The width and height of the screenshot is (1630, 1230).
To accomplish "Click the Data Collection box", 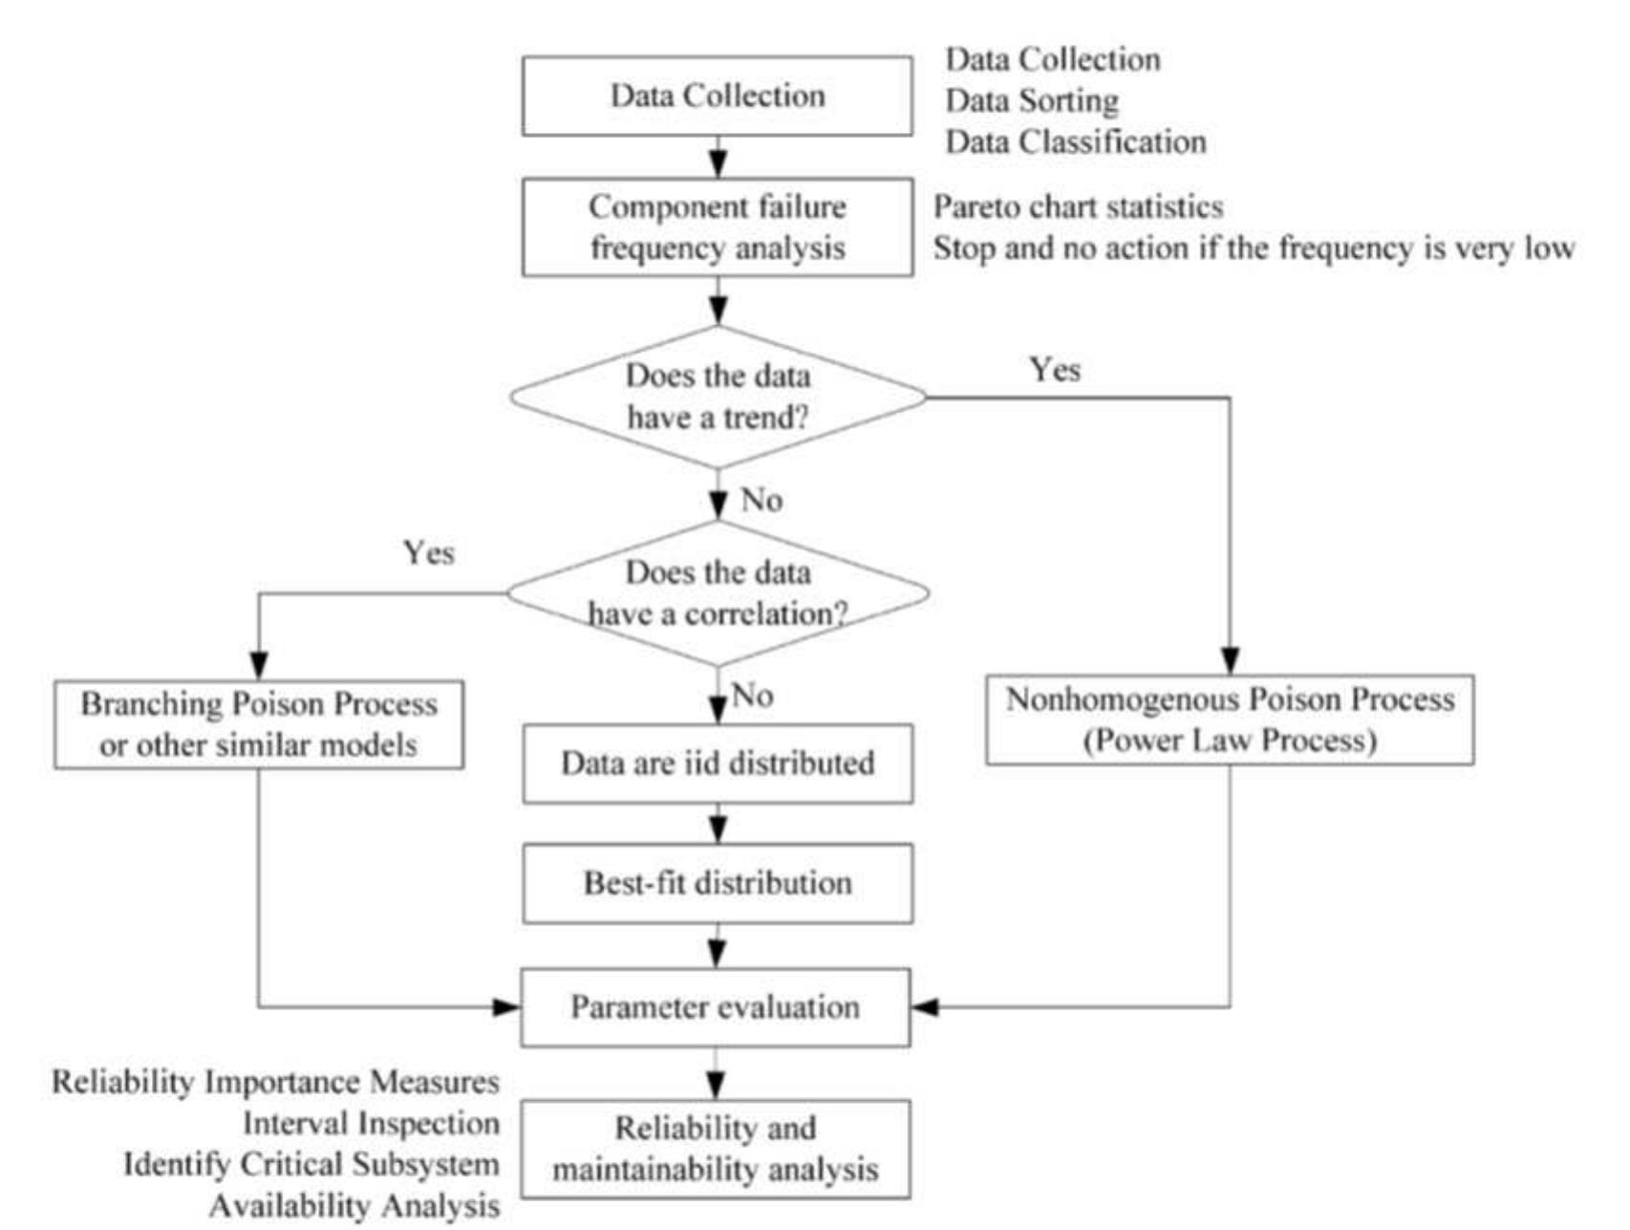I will [x=717, y=96].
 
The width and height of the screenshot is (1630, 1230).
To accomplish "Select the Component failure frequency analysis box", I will [x=717, y=227].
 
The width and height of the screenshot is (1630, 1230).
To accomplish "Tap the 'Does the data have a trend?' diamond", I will [x=717, y=397].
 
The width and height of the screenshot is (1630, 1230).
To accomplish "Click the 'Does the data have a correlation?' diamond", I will [x=717, y=593].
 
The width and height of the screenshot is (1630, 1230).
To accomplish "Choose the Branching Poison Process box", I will [x=259, y=724].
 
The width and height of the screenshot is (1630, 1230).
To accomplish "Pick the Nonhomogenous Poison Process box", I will [x=1230, y=720].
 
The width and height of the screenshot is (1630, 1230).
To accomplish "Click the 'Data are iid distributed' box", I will [x=717, y=763].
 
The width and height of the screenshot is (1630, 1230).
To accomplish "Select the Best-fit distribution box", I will [x=717, y=883].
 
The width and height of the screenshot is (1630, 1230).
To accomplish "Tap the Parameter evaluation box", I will [x=715, y=1007].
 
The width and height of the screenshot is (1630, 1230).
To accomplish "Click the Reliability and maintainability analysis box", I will [x=715, y=1149].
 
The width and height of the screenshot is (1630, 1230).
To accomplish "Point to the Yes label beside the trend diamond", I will [x=1055, y=370].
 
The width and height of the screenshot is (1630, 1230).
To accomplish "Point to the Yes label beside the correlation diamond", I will [x=428, y=552].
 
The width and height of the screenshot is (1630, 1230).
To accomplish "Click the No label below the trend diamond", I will [x=761, y=500].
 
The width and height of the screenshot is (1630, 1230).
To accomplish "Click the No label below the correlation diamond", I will [x=752, y=695].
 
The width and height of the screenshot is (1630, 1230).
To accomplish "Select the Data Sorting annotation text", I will [x=1032, y=100].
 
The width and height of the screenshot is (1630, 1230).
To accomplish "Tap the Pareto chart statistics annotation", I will [x=1078, y=207].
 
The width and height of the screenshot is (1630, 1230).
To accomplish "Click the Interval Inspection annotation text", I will [x=371, y=1123].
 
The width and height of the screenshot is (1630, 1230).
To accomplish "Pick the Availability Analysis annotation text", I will [x=354, y=1206].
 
